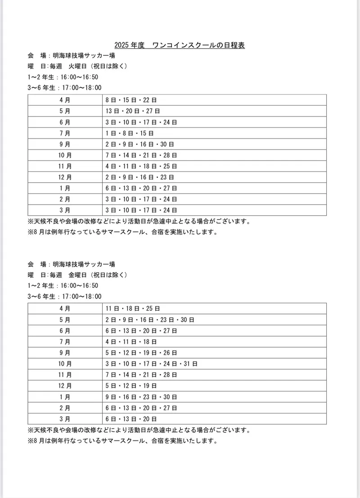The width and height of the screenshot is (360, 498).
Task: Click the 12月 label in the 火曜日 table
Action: pos(65,177)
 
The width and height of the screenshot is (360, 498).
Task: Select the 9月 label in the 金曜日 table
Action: pos(65,353)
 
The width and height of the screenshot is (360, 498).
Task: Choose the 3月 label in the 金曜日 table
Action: pos(65,419)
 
